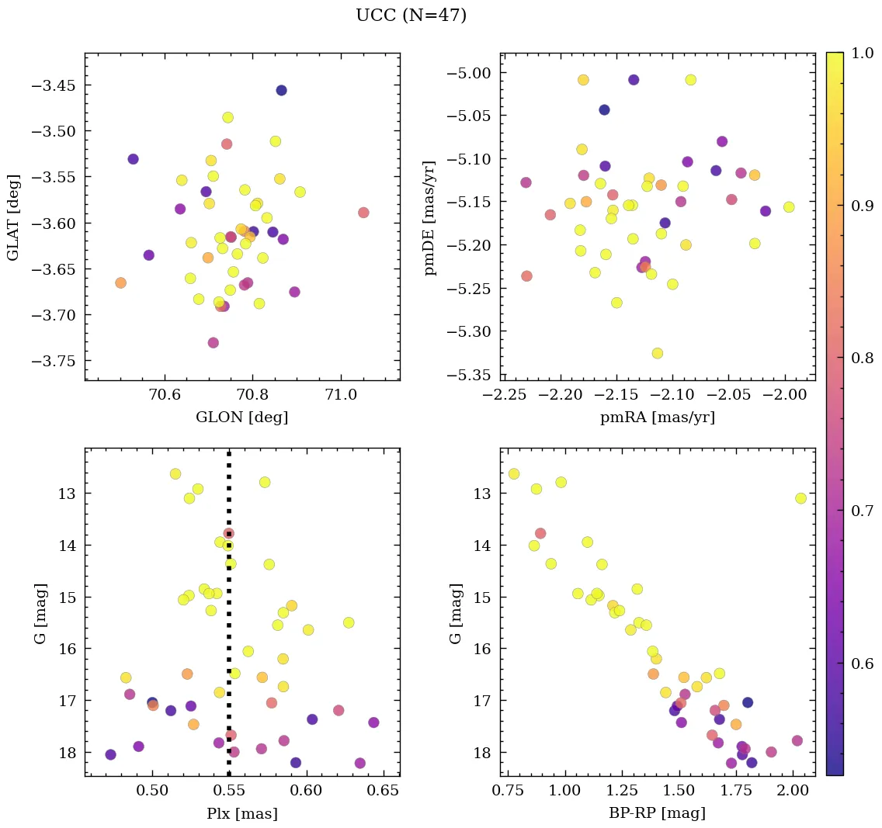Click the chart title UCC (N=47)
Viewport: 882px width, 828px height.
tap(411, 16)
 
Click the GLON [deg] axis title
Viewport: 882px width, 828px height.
tap(241, 417)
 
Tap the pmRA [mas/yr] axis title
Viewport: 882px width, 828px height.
tap(658, 417)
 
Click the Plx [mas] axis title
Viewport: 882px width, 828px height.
tap(241, 813)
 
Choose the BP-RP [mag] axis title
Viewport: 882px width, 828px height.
tap(658, 813)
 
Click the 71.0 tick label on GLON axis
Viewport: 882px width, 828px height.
tap(341, 396)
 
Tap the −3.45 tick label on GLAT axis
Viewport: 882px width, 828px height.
tap(52, 85)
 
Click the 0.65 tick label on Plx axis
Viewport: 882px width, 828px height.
tap(384, 792)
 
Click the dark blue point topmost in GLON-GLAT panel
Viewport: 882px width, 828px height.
tap(281, 90)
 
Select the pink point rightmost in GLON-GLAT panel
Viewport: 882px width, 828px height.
tap(363, 213)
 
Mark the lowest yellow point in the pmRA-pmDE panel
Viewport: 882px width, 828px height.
tap(658, 353)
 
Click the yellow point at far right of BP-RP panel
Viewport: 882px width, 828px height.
tap(800, 498)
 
